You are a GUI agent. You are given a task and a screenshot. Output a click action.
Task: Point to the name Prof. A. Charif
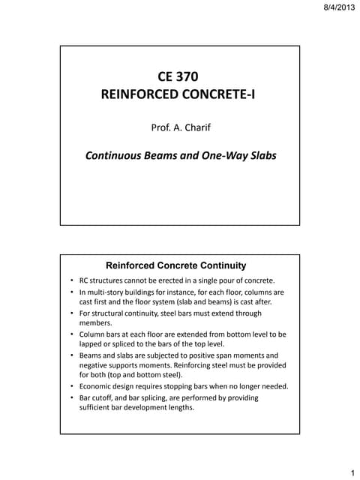[180, 128]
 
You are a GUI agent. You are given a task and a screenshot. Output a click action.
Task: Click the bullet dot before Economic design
[73, 386]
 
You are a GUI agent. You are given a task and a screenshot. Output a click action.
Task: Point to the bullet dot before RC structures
[73, 280]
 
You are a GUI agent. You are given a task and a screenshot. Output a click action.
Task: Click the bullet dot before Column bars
[73, 333]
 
